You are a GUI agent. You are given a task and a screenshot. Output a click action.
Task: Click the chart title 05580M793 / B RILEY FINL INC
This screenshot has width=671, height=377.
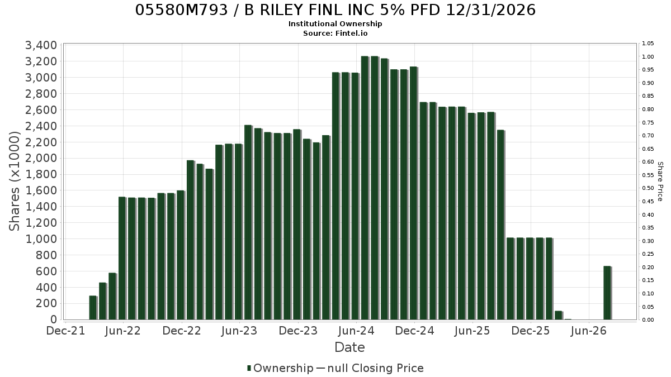pyautogui.click(x=335, y=10)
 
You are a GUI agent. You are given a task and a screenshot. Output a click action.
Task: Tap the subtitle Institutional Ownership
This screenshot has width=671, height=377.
pyautogui.click(x=335, y=24)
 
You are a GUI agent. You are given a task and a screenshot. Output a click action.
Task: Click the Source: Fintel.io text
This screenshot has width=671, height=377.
pyautogui.click(x=335, y=33)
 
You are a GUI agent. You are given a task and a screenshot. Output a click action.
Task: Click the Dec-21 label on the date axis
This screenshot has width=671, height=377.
pyautogui.click(x=65, y=331)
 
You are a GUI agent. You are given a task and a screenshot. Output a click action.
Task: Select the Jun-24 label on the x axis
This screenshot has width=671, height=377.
pyautogui.click(x=357, y=331)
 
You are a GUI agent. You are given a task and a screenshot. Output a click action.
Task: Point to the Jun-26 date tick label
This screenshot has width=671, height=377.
pyautogui.click(x=589, y=331)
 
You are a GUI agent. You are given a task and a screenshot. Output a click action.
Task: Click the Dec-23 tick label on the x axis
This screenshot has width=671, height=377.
pyautogui.click(x=298, y=331)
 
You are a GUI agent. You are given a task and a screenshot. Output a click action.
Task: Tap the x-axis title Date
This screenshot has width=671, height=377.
pyautogui.click(x=349, y=347)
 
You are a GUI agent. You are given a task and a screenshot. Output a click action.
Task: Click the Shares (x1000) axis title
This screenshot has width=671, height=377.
pyautogui.click(x=14, y=182)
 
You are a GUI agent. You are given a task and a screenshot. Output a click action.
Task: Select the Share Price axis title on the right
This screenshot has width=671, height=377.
pyautogui.click(x=660, y=182)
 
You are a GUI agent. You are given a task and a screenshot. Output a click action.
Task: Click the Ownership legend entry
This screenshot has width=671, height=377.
pyautogui.click(x=280, y=368)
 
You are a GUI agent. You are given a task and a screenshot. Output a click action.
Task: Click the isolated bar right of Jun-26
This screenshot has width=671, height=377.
pyautogui.click(x=607, y=293)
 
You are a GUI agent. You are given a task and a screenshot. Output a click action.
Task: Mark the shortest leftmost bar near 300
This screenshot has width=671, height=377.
pyautogui.click(x=93, y=308)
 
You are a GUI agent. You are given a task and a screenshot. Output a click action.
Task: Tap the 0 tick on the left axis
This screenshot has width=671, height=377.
pyautogui.click(x=54, y=320)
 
